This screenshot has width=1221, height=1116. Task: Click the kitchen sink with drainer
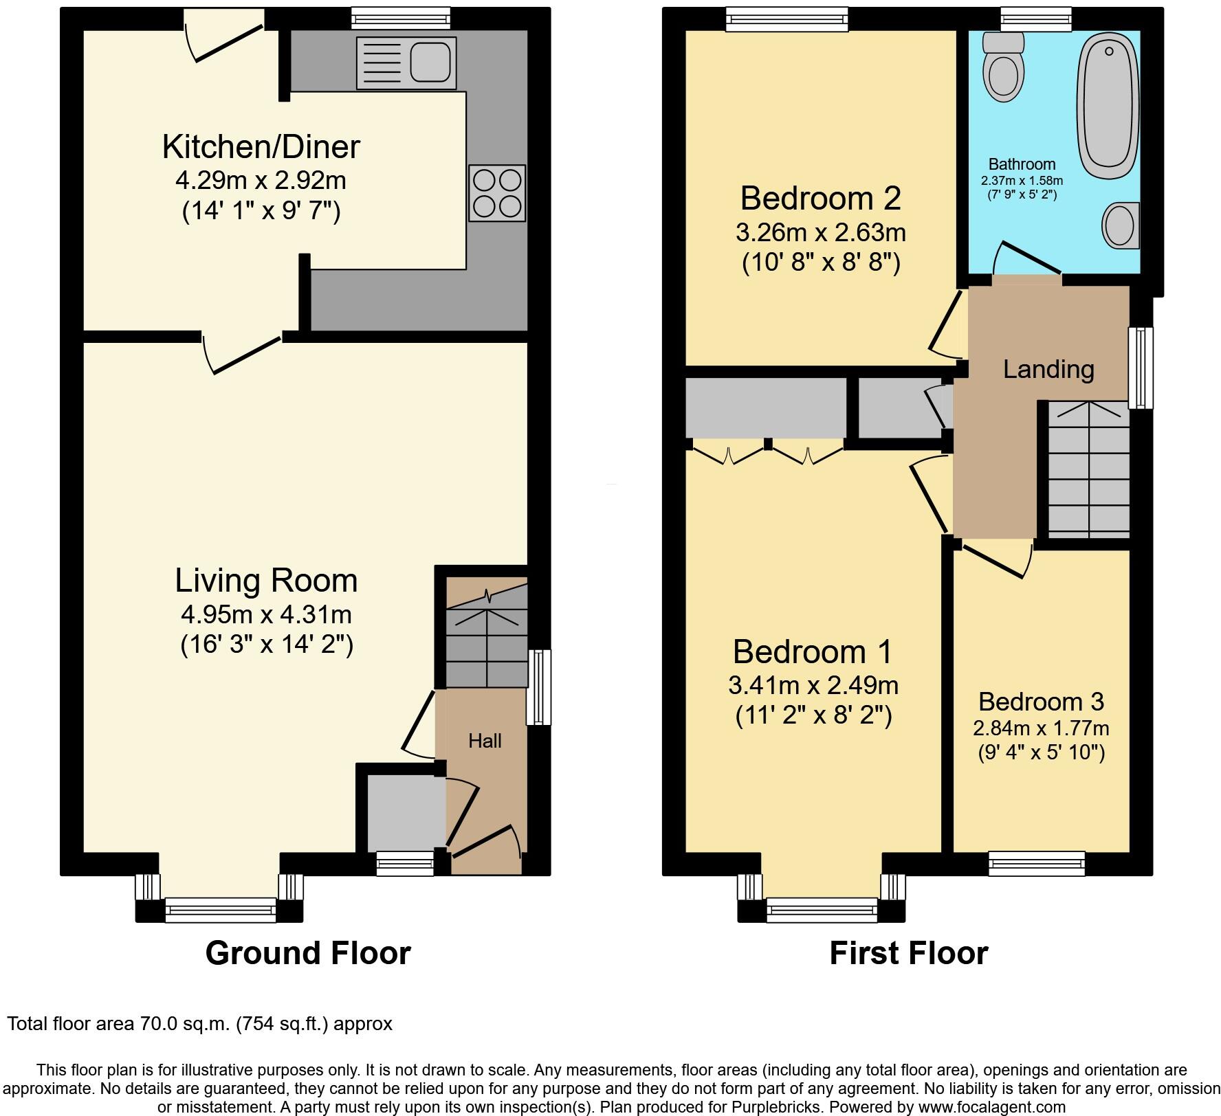406,63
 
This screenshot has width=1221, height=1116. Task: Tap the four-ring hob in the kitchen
497,193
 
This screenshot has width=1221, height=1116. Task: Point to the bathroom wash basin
1121,225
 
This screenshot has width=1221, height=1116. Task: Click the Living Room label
266,581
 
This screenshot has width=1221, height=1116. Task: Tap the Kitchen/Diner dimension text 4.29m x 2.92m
261,181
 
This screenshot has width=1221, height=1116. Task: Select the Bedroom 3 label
1040,702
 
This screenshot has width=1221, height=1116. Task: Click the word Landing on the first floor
1048,370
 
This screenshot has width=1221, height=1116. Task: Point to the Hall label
485,741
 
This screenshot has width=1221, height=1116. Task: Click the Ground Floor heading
308,953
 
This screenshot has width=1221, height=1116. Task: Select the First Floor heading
908,953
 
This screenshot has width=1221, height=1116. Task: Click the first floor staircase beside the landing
1088,471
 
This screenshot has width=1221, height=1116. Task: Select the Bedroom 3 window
1036,863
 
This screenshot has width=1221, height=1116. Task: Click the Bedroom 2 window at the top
786,19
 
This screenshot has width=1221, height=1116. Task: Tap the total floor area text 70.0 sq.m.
199,1024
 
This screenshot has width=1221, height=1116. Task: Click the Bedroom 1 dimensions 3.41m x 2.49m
813,685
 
